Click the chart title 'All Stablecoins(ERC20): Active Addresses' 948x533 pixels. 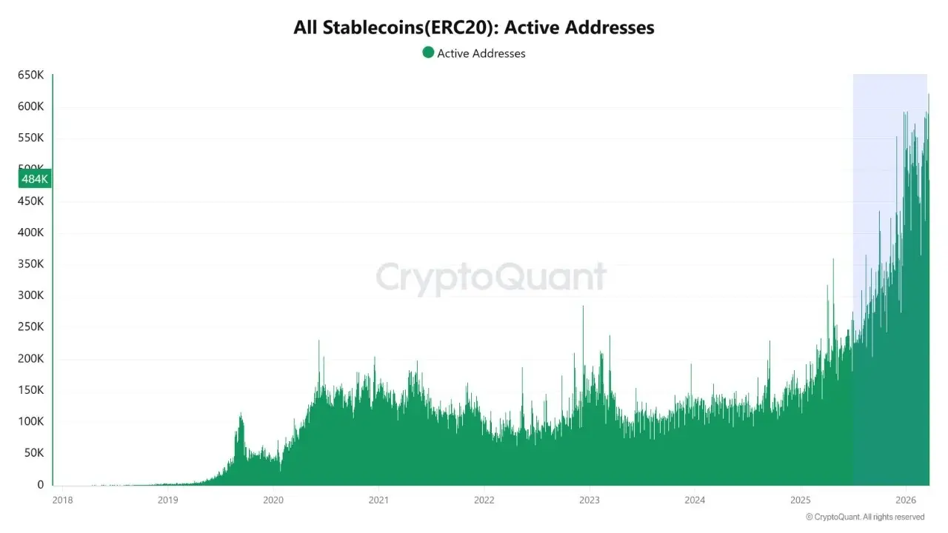[x=474, y=28]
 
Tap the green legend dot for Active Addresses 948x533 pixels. [x=428, y=53]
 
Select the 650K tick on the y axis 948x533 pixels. [x=31, y=75]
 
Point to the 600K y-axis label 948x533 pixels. [x=31, y=107]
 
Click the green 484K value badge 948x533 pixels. [x=35, y=178]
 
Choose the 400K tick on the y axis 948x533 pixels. [x=31, y=232]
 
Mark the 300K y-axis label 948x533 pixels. [x=31, y=295]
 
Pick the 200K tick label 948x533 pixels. [x=31, y=358]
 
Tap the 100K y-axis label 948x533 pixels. [x=31, y=421]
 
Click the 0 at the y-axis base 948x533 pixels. [x=41, y=485]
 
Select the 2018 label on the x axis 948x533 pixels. [x=62, y=500]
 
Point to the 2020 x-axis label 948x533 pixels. [x=273, y=500]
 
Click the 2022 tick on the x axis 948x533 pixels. [x=484, y=500]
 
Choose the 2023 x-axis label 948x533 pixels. [x=590, y=500]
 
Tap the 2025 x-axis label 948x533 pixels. [x=801, y=500]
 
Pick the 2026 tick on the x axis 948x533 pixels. [x=907, y=500]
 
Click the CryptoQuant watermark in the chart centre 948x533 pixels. [x=491, y=278]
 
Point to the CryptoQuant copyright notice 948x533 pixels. [x=865, y=517]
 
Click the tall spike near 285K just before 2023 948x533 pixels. [x=583, y=308]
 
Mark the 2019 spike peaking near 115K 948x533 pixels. [x=241, y=416]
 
